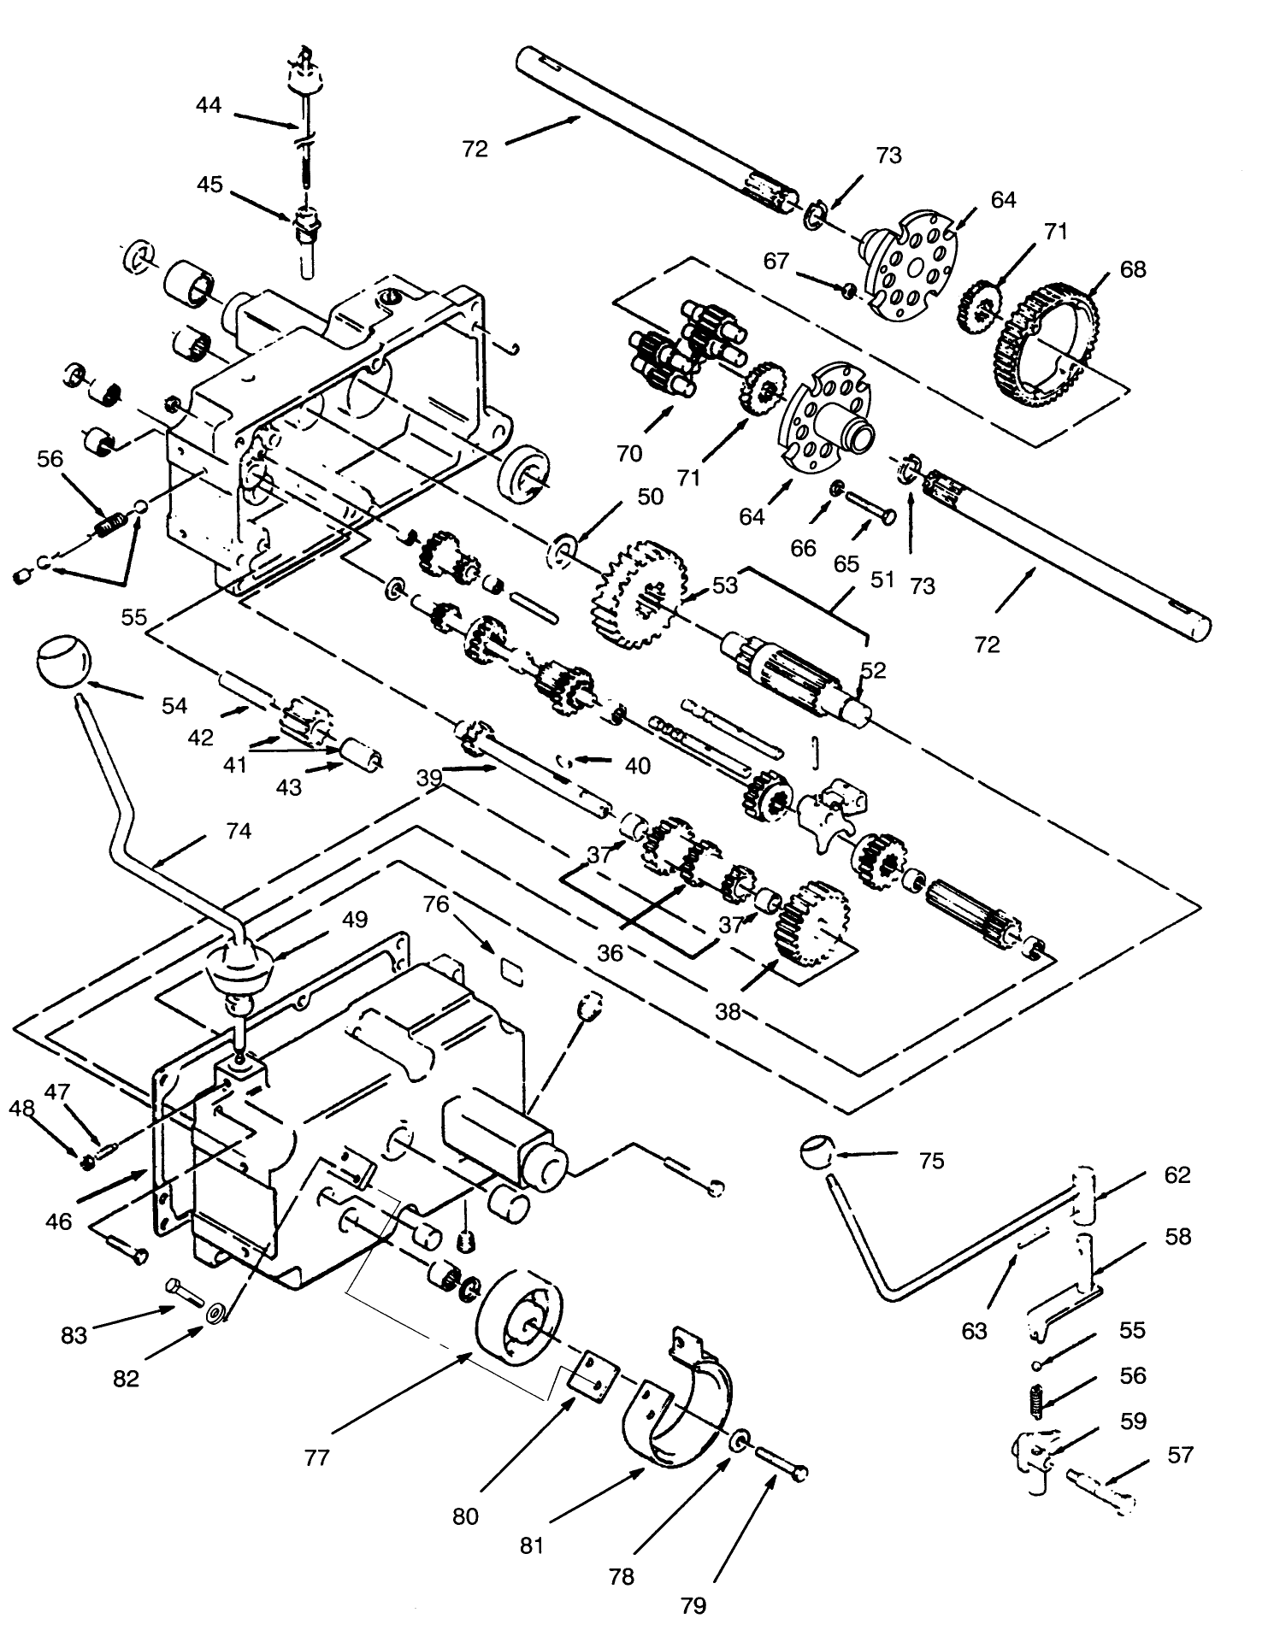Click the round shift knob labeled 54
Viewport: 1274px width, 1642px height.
point(63,661)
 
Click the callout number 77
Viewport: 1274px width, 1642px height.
point(316,1457)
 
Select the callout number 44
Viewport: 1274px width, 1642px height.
point(209,105)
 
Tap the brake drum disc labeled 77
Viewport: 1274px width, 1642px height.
point(520,1323)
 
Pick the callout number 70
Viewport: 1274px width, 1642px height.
point(629,454)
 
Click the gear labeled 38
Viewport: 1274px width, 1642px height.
point(811,925)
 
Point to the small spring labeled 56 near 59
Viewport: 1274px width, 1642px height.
point(1036,1402)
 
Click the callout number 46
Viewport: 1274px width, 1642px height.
point(59,1221)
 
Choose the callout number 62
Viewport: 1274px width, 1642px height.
point(1177,1175)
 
